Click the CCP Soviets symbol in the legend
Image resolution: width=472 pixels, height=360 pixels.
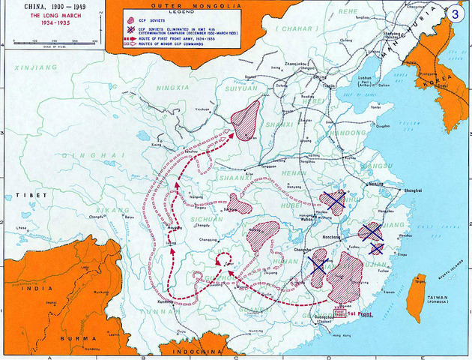pos(133,21)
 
